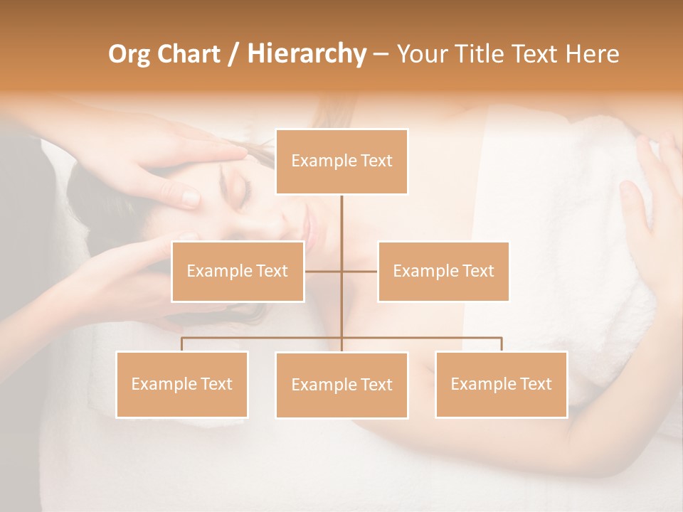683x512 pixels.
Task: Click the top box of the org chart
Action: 341,161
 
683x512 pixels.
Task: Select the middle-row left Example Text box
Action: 238,271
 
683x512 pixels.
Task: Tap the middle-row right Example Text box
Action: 443,271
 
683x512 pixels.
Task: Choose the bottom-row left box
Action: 181,384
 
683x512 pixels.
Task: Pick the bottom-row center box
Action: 341,385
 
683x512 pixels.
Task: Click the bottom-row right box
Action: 501,384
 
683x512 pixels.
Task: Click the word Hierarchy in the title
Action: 306,54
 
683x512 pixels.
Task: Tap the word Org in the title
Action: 130,54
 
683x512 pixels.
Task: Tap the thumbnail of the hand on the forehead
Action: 191,197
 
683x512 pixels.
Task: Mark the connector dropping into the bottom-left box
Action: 181,344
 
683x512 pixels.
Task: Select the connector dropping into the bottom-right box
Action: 501,344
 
